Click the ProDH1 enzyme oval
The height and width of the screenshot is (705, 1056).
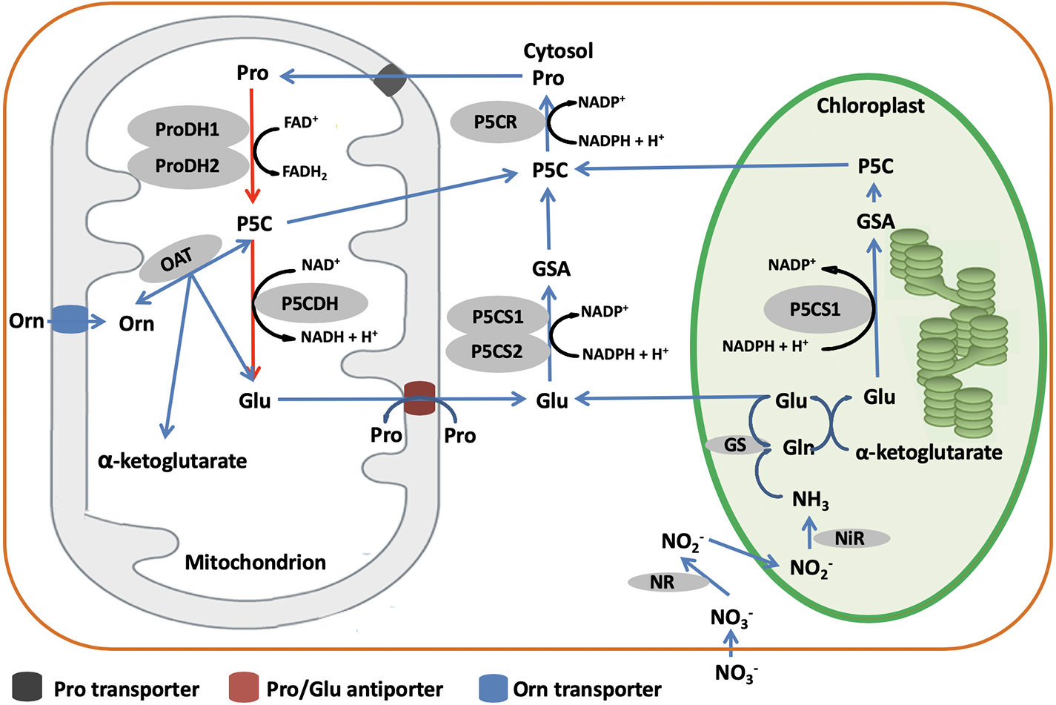pyautogui.click(x=187, y=129)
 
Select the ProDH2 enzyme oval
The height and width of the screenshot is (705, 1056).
pyautogui.click(x=187, y=166)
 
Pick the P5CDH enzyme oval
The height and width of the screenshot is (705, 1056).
pyautogui.click(x=311, y=303)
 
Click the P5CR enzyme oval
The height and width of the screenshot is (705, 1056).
pyautogui.click(x=496, y=122)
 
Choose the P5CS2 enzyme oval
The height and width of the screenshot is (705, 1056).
pyautogui.click(x=497, y=351)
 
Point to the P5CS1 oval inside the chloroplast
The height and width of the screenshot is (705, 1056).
pyautogui.click(x=815, y=309)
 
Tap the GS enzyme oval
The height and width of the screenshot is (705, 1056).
pyautogui.click(x=735, y=445)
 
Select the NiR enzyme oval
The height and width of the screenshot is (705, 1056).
pyautogui.click(x=850, y=538)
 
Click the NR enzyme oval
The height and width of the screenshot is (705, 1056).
pyautogui.click(x=663, y=583)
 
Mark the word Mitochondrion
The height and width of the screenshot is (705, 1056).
pyautogui.click(x=255, y=563)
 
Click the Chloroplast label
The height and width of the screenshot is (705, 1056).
pyautogui.click(x=870, y=106)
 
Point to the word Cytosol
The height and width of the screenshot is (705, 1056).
pyautogui.click(x=558, y=51)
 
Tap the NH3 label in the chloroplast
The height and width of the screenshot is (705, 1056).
pyautogui.click(x=810, y=500)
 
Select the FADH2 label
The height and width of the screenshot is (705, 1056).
pyautogui.click(x=305, y=173)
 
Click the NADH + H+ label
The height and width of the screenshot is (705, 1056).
pyautogui.click(x=339, y=337)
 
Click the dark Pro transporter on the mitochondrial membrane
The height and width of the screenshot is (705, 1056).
pyautogui.click(x=389, y=80)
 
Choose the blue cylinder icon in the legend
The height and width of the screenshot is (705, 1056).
pyautogui.click(x=493, y=688)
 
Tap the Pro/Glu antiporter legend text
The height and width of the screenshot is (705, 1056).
pyautogui.click(x=354, y=689)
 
